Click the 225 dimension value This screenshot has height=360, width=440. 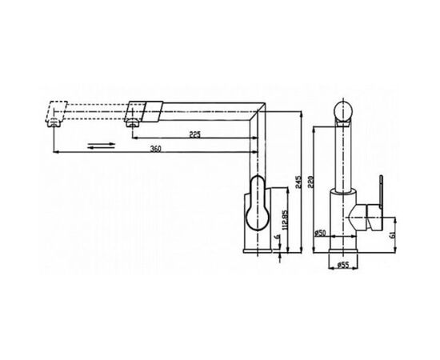(194, 134)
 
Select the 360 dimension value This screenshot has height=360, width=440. (155, 149)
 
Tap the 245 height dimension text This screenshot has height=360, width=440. (298, 182)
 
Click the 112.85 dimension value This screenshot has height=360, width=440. (284, 220)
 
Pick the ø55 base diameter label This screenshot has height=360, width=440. (342, 264)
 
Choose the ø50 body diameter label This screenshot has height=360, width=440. (320, 233)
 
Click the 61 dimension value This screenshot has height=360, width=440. (393, 234)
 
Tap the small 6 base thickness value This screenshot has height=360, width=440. (278, 237)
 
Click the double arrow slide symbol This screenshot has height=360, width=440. (102, 146)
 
